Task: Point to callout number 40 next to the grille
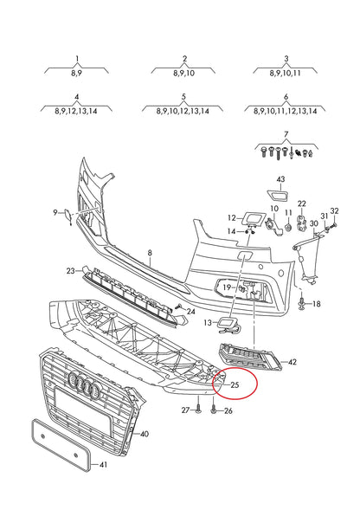pyautogui.click(x=143, y=433)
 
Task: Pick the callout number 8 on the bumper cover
pyautogui.click(x=149, y=254)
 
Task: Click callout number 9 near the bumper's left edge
pyautogui.click(x=55, y=212)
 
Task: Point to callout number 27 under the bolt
pyautogui.click(x=184, y=410)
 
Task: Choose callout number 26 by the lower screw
pyautogui.click(x=228, y=410)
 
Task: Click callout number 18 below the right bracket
pyautogui.click(x=316, y=304)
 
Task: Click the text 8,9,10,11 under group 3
pyautogui.click(x=285, y=74)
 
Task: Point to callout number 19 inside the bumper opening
pyautogui.click(x=226, y=287)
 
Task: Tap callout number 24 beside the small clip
pyautogui.click(x=190, y=311)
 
